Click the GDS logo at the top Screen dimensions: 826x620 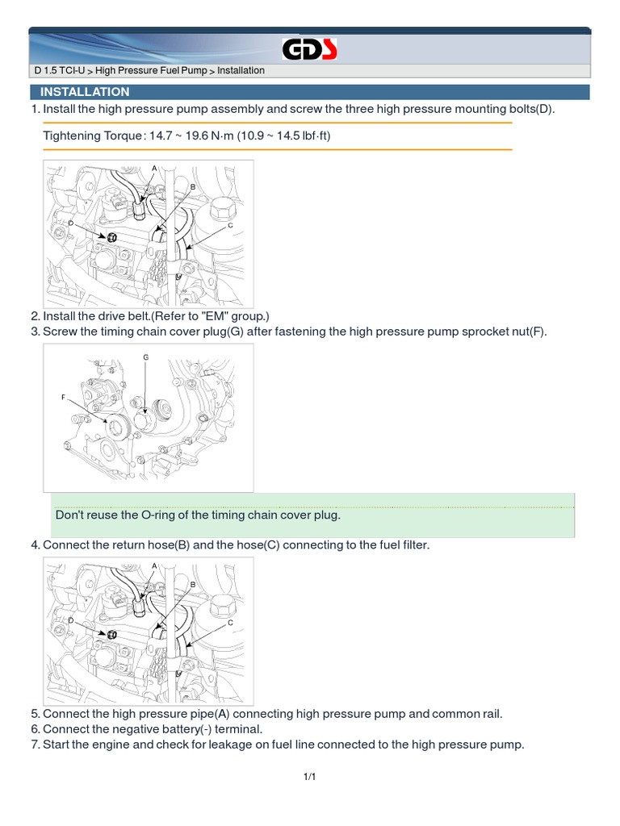coord(309,50)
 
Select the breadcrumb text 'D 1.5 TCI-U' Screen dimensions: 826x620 coord(61,71)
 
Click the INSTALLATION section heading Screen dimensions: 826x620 coord(85,92)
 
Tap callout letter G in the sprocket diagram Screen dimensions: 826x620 coord(146,357)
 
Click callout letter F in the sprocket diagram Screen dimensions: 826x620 coord(62,397)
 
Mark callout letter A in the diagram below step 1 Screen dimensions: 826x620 coord(154,168)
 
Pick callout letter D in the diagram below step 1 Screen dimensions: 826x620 coord(71,222)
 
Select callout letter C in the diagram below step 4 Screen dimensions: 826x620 coord(230,624)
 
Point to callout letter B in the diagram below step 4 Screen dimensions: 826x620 coord(193,584)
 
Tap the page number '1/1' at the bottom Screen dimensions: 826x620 coord(309,777)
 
